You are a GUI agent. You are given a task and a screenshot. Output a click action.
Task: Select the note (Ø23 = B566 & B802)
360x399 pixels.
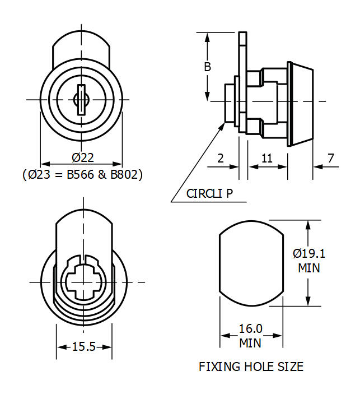[x=82, y=174]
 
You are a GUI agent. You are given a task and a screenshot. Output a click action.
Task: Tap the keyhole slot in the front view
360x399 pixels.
[x=81, y=100]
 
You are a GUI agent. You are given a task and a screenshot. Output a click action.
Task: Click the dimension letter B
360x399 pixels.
[x=207, y=67]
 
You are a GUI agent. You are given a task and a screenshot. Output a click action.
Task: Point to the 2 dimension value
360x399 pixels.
[x=220, y=159]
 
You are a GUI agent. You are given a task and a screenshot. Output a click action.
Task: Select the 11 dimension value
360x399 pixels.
[x=267, y=159]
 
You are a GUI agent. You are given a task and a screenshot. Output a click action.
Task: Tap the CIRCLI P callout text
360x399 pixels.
[x=209, y=194]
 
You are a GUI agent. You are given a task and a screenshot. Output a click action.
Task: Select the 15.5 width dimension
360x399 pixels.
[x=84, y=347]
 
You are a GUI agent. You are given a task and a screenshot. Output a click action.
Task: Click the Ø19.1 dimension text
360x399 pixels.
[x=309, y=253]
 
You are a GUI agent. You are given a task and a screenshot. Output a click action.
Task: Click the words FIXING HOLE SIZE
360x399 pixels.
[x=251, y=367]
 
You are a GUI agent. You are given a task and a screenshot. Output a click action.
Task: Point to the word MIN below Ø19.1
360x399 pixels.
[x=309, y=268]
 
